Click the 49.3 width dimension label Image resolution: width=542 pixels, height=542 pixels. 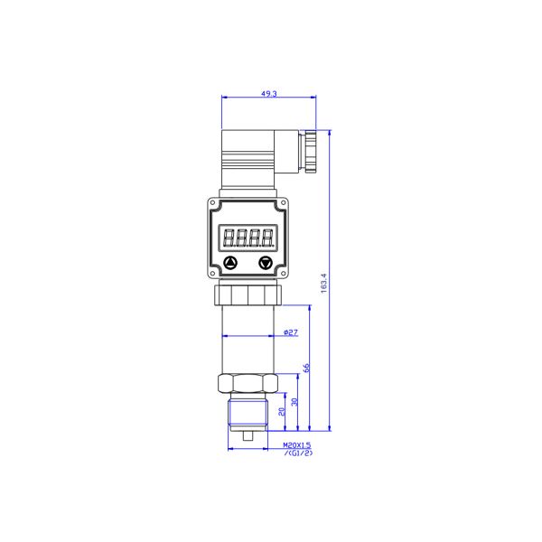[269, 93]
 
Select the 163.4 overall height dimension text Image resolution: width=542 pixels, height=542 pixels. [323, 284]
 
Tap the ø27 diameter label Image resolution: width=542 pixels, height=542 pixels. [291, 332]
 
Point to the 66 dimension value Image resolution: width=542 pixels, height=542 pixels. [306, 368]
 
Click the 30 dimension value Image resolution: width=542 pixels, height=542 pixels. [294, 402]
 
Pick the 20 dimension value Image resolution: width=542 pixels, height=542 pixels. [282, 411]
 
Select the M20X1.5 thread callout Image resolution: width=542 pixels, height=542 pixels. [297, 445]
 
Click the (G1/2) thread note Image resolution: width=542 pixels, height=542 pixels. [298, 453]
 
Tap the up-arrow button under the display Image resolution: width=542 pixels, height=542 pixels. [230, 263]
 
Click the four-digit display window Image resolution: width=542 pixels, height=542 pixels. [248, 238]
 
